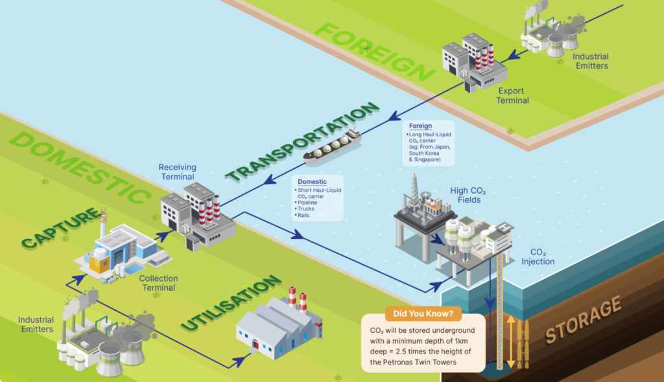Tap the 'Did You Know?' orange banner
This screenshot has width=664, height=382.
423,313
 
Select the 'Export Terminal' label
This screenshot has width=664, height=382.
512,96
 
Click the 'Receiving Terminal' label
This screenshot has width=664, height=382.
178,172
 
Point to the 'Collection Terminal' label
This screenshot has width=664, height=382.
158,283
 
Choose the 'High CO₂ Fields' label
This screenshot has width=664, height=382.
468,196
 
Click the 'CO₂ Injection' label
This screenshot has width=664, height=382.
538,257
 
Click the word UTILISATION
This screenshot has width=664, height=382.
231,302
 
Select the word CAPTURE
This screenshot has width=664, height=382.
62,228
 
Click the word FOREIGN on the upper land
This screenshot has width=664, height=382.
375,52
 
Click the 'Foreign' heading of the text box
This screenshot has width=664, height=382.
420,126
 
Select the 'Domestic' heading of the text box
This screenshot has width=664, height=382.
312,181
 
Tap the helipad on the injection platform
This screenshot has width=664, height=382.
504,227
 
